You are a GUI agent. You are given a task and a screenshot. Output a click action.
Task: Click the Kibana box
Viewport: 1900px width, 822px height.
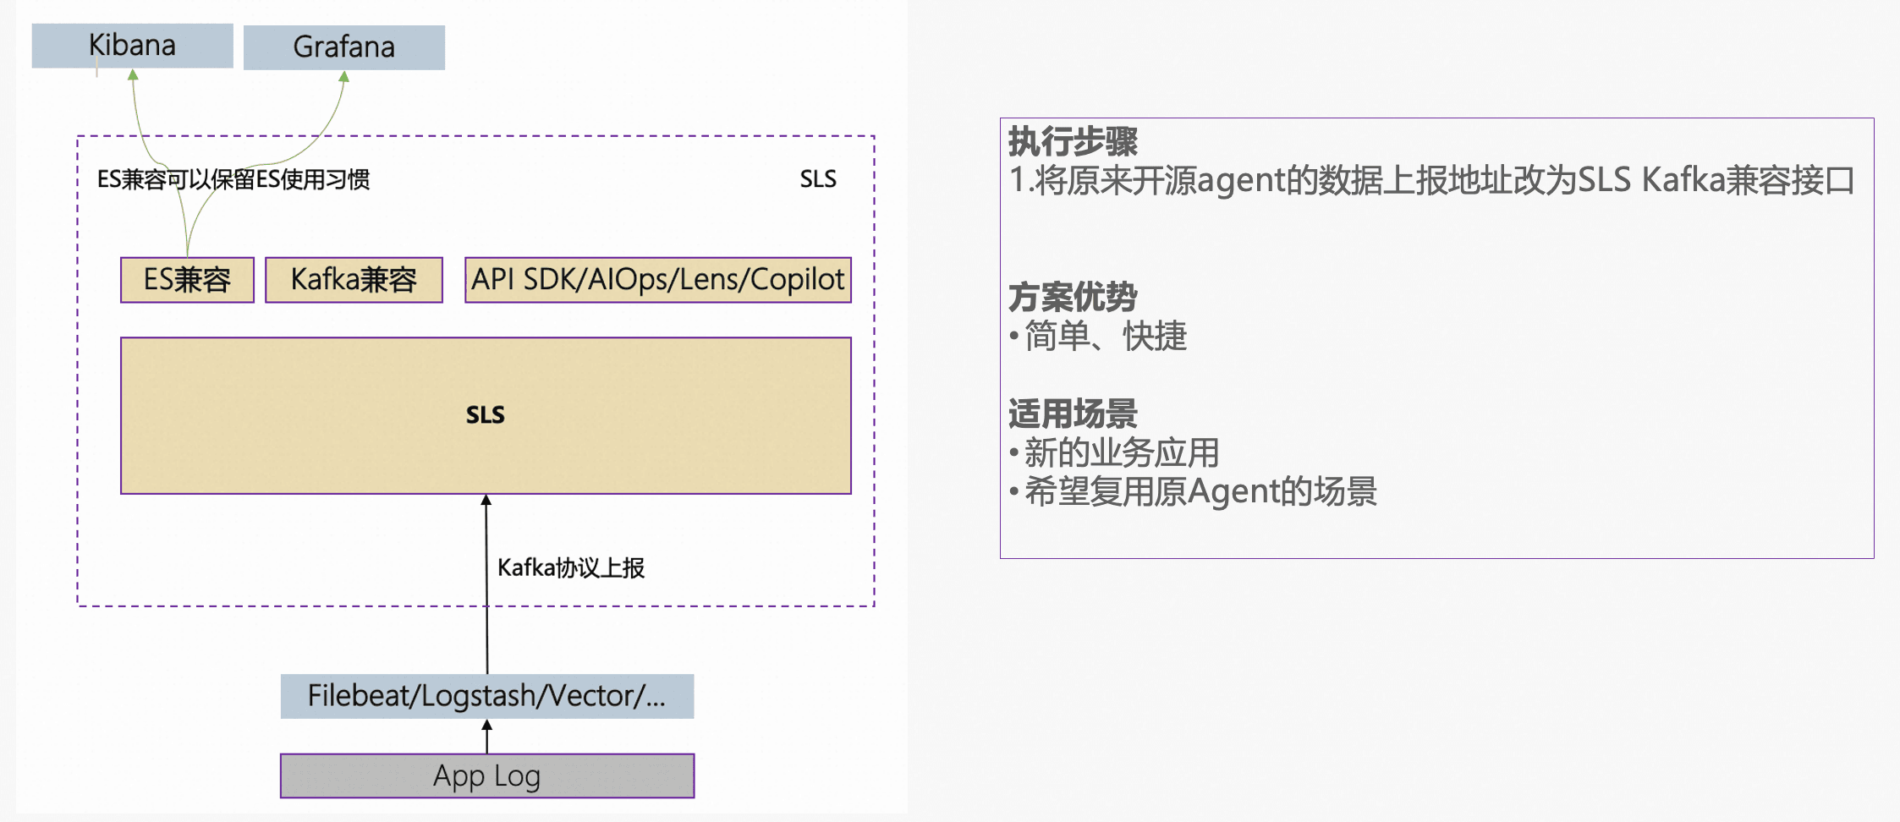(132, 46)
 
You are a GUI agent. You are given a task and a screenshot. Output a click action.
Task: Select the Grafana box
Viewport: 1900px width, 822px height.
(343, 47)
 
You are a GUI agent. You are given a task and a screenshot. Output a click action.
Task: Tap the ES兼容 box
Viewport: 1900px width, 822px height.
(187, 280)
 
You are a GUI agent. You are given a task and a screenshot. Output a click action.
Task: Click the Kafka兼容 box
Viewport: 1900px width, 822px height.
(354, 280)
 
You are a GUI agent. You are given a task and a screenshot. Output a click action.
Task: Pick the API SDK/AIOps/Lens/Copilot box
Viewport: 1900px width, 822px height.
(657, 280)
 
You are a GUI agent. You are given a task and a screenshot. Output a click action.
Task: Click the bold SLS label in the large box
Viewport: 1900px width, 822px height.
(485, 415)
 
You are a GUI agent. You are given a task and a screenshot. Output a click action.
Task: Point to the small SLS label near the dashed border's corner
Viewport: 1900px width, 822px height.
(817, 179)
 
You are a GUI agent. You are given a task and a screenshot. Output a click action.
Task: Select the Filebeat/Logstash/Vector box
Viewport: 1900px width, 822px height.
(486, 696)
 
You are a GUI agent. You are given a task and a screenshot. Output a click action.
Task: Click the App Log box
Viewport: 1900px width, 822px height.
(486, 775)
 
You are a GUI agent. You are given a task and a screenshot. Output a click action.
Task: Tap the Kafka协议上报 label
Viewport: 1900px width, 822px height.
(570, 567)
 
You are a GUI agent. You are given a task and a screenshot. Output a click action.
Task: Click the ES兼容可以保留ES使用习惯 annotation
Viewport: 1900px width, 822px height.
(233, 179)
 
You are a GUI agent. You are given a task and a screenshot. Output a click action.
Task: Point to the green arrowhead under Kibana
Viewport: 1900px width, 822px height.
(133, 75)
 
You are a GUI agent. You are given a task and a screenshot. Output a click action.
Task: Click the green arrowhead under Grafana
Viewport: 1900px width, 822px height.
(344, 77)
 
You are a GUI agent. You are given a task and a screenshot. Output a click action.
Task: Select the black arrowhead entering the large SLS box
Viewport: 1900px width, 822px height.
(486, 501)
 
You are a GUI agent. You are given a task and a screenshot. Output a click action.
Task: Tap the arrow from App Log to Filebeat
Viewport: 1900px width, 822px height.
(486, 736)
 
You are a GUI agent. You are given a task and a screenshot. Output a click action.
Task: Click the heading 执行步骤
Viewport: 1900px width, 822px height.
(1073, 141)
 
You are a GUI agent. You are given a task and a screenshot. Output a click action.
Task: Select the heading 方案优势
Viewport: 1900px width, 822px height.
(1073, 297)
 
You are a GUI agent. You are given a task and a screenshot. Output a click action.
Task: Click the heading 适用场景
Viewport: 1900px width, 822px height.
(1073, 414)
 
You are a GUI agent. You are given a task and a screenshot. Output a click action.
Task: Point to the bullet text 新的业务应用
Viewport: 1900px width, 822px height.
(1121, 453)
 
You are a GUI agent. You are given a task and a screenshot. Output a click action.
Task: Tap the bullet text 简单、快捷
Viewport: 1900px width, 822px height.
(1105, 337)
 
